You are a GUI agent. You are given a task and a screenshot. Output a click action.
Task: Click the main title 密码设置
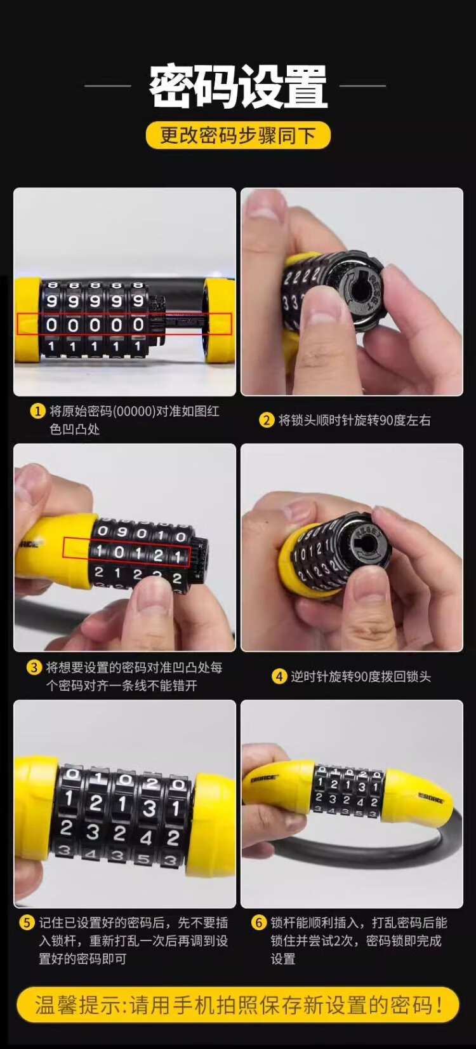coord(238,87)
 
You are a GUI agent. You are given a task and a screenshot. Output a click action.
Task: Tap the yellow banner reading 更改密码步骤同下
coord(238,136)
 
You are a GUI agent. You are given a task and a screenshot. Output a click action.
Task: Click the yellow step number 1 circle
coord(37,411)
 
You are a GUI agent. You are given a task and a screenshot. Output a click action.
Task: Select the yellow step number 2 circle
coord(266,420)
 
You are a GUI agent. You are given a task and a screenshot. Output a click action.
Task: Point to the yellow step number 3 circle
coord(34,667)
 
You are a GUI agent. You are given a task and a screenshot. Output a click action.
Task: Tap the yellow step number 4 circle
coord(279,676)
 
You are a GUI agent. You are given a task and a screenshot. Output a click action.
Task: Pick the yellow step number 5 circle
coord(27,923)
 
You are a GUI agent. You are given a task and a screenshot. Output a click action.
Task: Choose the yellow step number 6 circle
coord(258,923)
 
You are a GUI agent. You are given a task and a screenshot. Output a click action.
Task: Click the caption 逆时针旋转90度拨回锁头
coord(360,676)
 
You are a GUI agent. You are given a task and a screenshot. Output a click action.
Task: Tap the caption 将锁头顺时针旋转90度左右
coord(354,420)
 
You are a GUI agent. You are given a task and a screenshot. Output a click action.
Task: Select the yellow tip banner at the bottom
coord(238,1005)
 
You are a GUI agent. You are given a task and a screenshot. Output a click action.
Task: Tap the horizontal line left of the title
coord(107,86)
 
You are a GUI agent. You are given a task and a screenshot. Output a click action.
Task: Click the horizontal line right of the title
coord(363,86)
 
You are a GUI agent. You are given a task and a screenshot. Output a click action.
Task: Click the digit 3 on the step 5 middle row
coord(149,809)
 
